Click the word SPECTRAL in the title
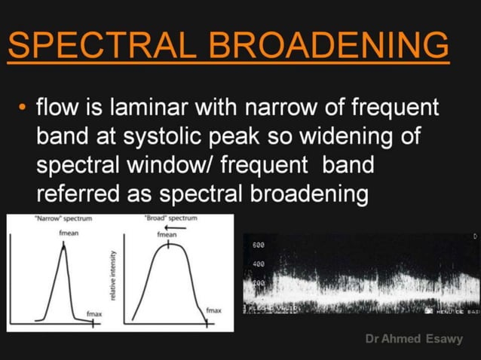(102, 47)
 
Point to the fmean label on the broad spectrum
(166, 235)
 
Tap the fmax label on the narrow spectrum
(94, 312)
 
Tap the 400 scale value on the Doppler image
(258, 264)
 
